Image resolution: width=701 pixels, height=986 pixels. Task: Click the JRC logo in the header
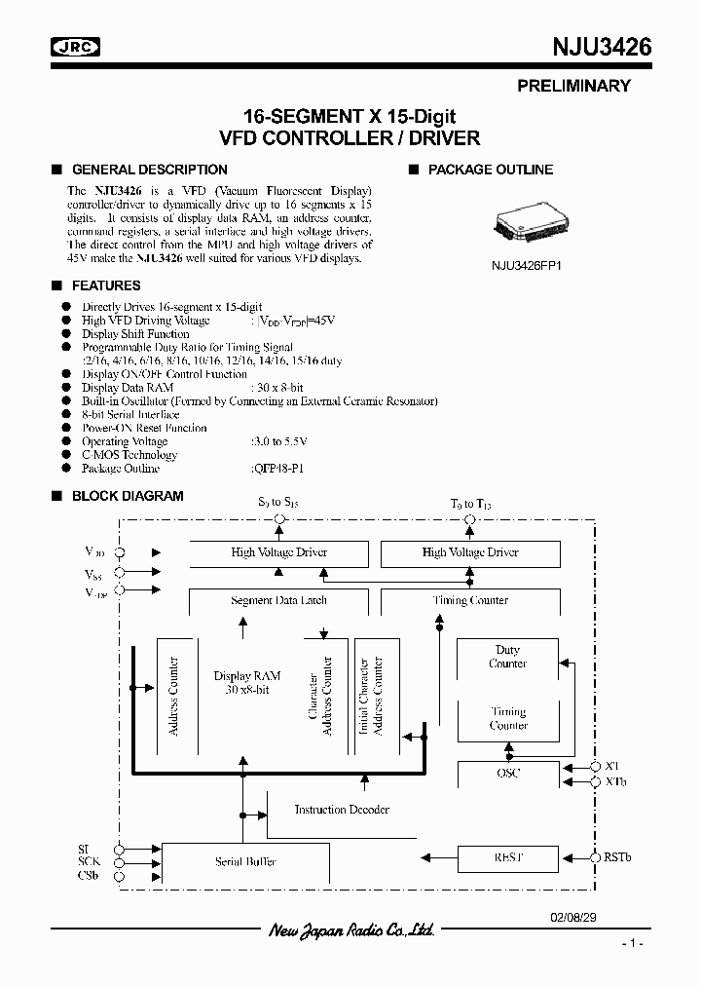point(76,48)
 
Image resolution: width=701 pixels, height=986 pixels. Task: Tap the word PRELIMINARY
point(573,86)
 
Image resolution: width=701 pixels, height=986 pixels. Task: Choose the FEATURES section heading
point(106,285)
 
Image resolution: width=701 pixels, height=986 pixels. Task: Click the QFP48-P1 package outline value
point(277,469)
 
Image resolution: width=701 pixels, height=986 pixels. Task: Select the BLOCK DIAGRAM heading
point(128,496)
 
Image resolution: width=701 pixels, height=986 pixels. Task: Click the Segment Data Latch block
point(278,601)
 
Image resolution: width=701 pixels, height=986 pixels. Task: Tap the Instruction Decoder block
point(342,810)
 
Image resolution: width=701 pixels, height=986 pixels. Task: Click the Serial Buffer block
point(245,861)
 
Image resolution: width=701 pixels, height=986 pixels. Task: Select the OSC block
point(508,774)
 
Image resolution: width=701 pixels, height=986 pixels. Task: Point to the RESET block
point(508,858)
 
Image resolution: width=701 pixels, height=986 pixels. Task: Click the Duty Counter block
point(508,657)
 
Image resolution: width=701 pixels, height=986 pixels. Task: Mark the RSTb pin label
point(617,857)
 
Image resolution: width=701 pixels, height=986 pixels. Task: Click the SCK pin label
point(89,862)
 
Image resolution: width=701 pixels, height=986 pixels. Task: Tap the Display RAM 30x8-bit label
point(246,682)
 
